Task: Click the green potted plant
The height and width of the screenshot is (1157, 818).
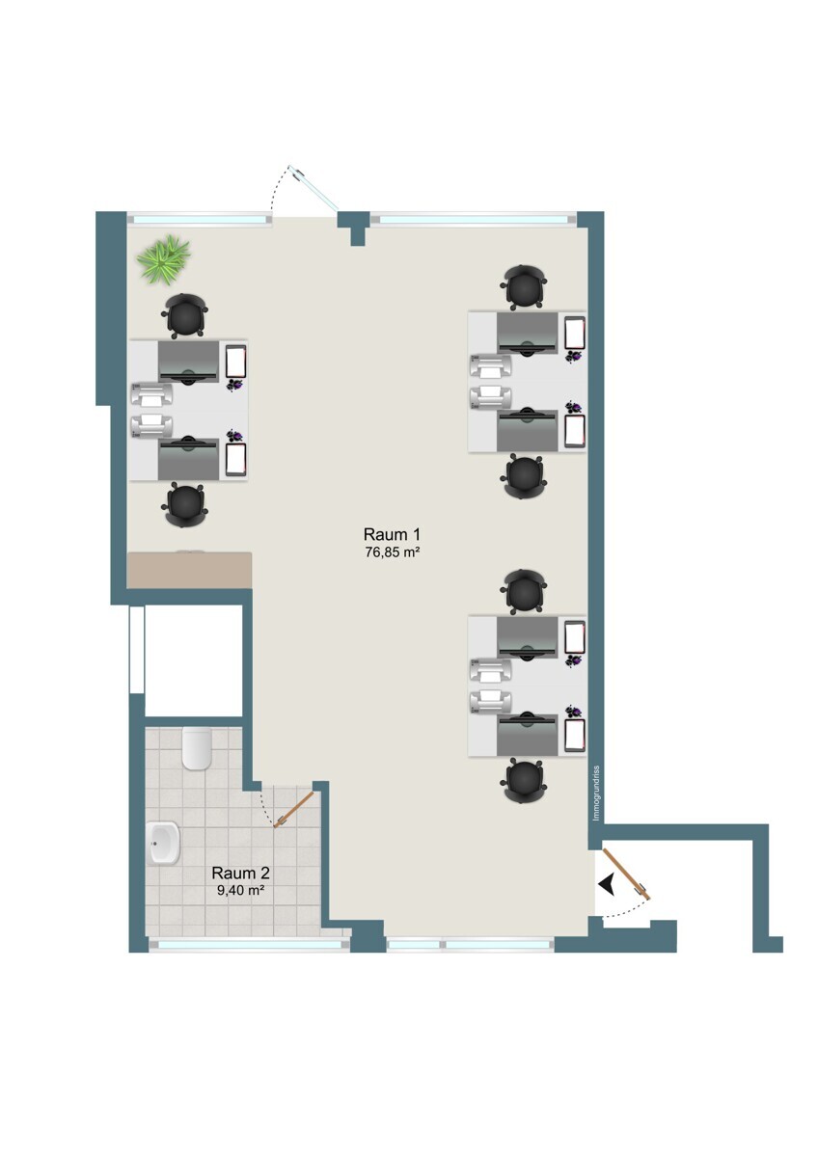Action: coord(163,259)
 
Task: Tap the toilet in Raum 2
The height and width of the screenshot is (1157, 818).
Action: coord(197,748)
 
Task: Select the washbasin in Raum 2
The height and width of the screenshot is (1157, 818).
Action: coord(164,844)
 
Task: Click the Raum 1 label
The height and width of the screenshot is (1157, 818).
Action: coord(391,533)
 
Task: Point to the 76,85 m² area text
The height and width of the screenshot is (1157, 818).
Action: coord(392,552)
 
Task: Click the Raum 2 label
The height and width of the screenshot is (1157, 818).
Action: coord(240,874)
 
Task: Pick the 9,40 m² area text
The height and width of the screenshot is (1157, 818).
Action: coord(241,891)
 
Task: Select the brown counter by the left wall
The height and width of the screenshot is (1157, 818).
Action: coord(190,569)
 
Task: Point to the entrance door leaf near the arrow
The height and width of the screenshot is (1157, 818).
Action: coord(626,874)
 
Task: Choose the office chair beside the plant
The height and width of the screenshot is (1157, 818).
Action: coord(185,315)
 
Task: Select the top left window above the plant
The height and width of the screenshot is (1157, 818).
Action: coord(200,220)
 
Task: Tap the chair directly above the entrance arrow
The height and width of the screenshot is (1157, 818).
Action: coord(524,782)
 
